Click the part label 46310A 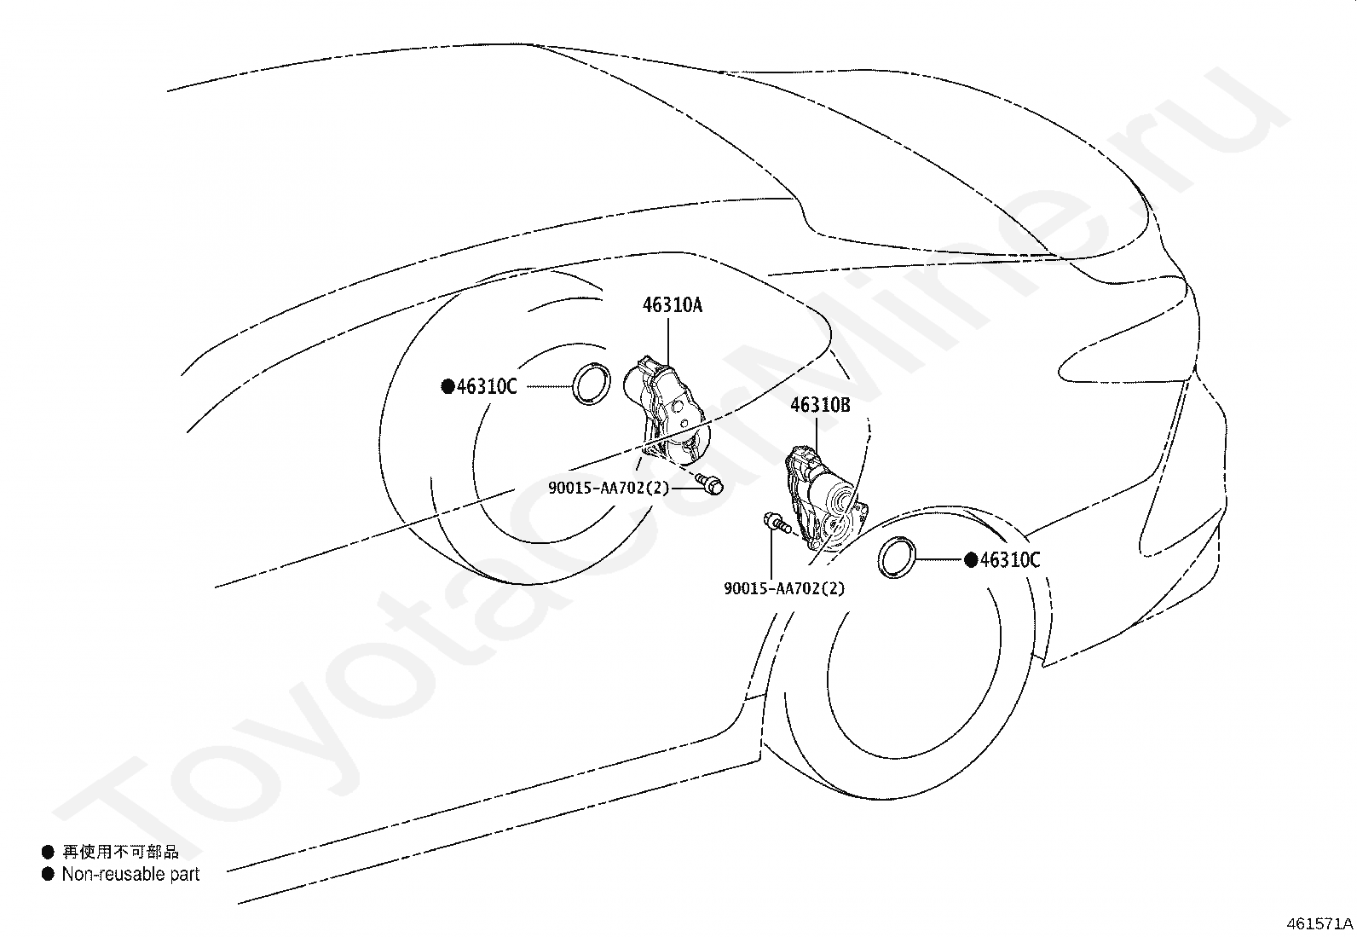pyautogui.click(x=673, y=305)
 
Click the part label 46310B pyautogui.click(x=820, y=405)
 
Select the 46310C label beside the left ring pyautogui.click(x=487, y=387)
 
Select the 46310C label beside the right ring pyautogui.click(x=1010, y=560)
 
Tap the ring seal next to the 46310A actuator pyautogui.click(x=590, y=383)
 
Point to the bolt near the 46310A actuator pyautogui.click(x=709, y=483)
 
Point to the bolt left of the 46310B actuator pyautogui.click(x=776, y=522)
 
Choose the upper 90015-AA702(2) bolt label pyautogui.click(x=609, y=488)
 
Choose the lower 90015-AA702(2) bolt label pyautogui.click(x=784, y=588)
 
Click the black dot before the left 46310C pyautogui.click(x=448, y=387)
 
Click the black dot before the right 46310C pyautogui.click(x=971, y=560)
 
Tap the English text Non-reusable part pyautogui.click(x=130, y=875)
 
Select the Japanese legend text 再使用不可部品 pyautogui.click(x=120, y=852)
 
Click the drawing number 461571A pyautogui.click(x=1319, y=923)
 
